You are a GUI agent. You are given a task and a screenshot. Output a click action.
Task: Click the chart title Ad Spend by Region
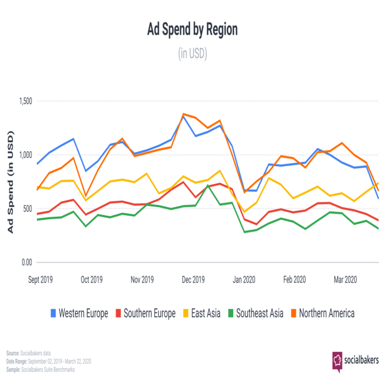tap(192, 30)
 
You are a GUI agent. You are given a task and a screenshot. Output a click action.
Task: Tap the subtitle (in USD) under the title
tap(192, 54)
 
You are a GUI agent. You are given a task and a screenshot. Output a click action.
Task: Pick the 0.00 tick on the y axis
tap(25, 262)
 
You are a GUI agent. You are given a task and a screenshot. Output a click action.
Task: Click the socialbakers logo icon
tap(337, 360)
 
